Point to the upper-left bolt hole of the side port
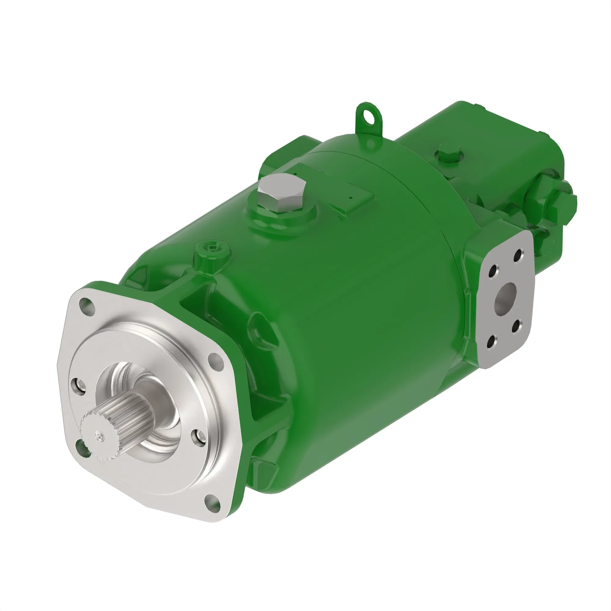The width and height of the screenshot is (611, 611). point(492,272)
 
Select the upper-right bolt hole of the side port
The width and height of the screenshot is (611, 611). point(518,255)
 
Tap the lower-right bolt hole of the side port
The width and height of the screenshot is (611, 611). point(516,326)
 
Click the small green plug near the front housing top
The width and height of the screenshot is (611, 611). point(212,249)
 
